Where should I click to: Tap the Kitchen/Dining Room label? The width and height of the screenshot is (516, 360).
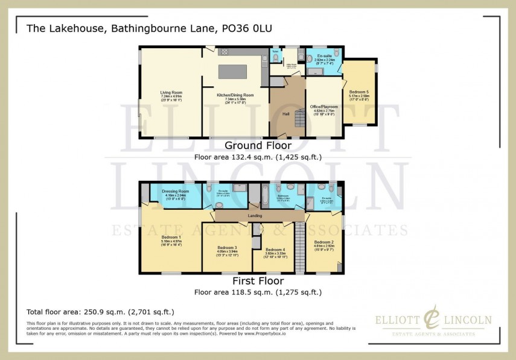(235, 95)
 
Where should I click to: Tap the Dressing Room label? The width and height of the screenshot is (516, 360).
(176, 191)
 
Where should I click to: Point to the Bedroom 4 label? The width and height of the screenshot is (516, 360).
(275, 250)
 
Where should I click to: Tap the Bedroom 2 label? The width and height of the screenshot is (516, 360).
(323, 242)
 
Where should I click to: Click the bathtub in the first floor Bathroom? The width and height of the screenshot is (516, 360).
(266, 197)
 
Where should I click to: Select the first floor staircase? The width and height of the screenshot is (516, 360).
(299, 247)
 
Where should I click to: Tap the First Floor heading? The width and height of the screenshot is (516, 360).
(258, 281)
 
